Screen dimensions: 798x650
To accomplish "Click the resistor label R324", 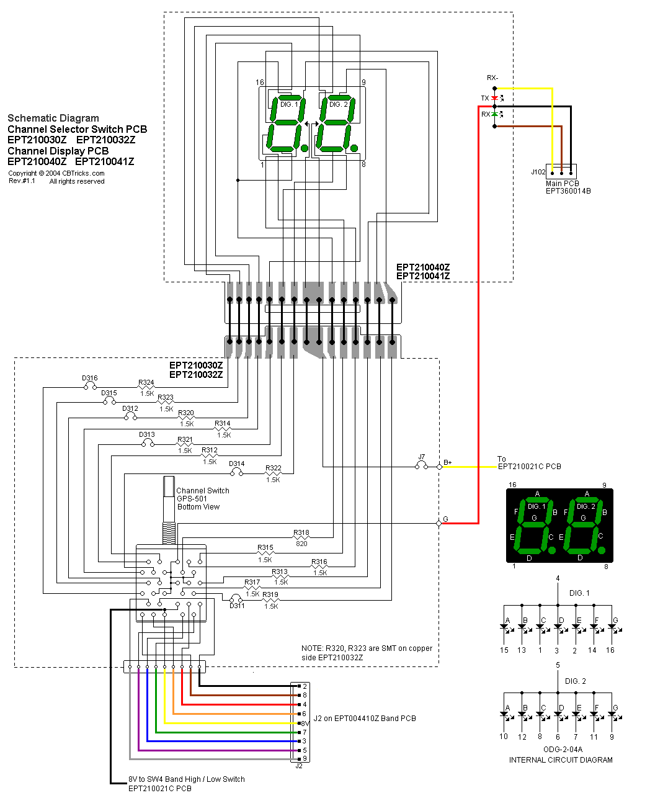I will [146, 383].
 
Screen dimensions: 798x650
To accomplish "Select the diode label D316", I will [90, 378].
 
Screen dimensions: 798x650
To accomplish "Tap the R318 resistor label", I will [301, 533].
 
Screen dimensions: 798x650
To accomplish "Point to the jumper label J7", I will [422, 457].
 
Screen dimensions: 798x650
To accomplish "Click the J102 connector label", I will [538, 172].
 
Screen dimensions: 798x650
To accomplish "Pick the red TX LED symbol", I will [494, 98].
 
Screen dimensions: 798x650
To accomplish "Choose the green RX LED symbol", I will [494, 114].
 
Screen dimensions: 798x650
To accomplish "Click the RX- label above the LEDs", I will [492, 78].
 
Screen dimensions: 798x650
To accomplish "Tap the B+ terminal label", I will [448, 463].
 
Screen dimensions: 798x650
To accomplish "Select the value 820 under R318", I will [301, 544].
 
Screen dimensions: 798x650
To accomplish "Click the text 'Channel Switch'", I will [203, 491].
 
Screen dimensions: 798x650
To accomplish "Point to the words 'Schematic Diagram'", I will [53, 118].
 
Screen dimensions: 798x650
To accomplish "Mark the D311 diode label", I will [237, 606].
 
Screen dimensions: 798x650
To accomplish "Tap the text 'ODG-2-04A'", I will [561, 750].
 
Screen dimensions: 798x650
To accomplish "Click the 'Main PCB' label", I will [563, 183].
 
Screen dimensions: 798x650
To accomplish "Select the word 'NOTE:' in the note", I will [312, 648].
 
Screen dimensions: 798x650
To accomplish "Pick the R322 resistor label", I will [274, 468].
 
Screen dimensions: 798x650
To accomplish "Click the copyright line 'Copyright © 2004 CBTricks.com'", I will [56, 173].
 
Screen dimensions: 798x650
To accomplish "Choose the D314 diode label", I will [237, 464].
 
